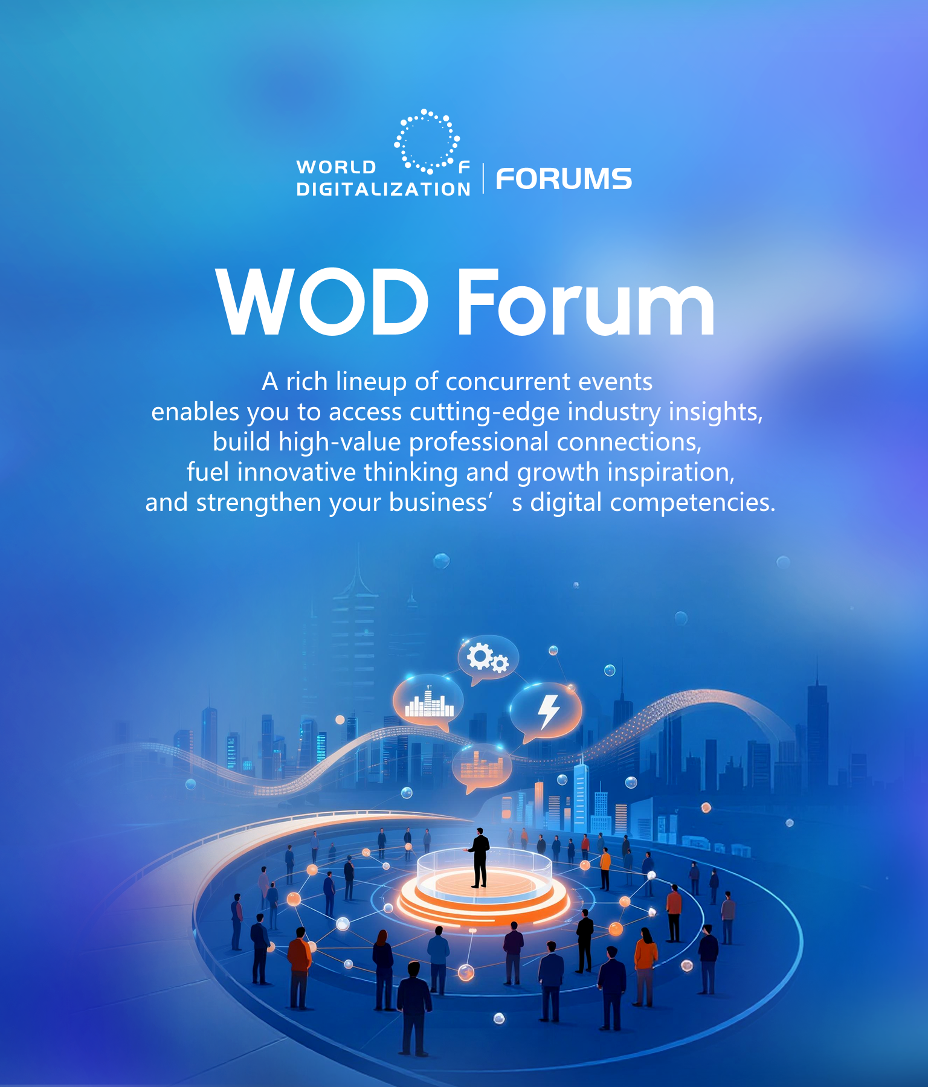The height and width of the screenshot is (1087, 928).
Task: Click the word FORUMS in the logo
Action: (x=564, y=179)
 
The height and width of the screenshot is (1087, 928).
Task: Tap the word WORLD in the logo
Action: (x=337, y=167)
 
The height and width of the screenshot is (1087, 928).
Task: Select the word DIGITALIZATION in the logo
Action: (x=384, y=189)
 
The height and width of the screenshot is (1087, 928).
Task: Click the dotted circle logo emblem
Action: (x=427, y=141)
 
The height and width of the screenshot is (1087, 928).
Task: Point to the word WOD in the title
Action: (x=323, y=301)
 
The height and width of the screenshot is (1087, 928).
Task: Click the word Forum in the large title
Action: (x=585, y=301)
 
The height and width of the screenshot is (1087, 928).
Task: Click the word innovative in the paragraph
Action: (x=297, y=472)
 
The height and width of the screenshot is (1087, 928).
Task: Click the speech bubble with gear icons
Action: (x=488, y=659)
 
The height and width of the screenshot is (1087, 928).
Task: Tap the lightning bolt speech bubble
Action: (x=546, y=713)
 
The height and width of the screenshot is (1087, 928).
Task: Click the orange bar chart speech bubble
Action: (x=482, y=768)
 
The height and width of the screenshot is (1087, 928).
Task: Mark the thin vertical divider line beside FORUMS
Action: (x=483, y=178)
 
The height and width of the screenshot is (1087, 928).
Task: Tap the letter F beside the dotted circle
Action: (x=464, y=167)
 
